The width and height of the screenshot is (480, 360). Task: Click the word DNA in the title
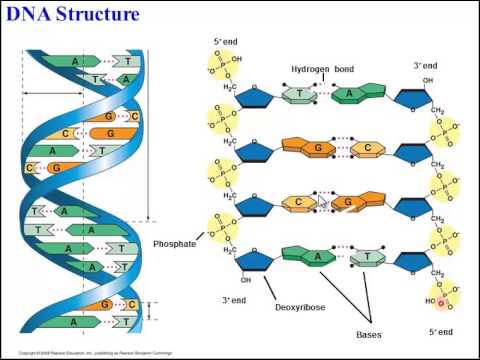click(x=30, y=14)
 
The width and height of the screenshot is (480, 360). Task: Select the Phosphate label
click(x=175, y=243)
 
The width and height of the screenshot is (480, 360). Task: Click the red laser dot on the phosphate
click(x=440, y=302)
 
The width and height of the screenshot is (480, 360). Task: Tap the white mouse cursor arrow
click(x=322, y=203)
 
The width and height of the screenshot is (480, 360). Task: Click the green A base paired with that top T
click(x=350, y=95)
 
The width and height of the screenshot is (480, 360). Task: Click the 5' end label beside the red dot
click(x=440, y=331)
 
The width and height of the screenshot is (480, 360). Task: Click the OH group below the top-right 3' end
click(x=428, y=80)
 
